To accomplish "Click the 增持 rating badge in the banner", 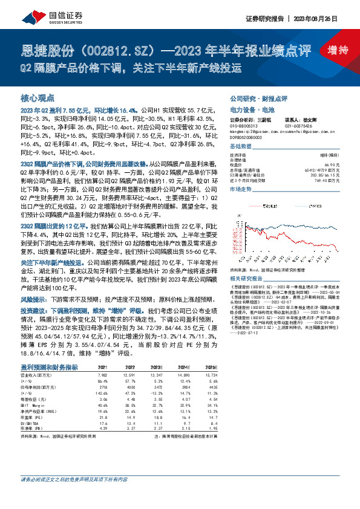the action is pos(337,50).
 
